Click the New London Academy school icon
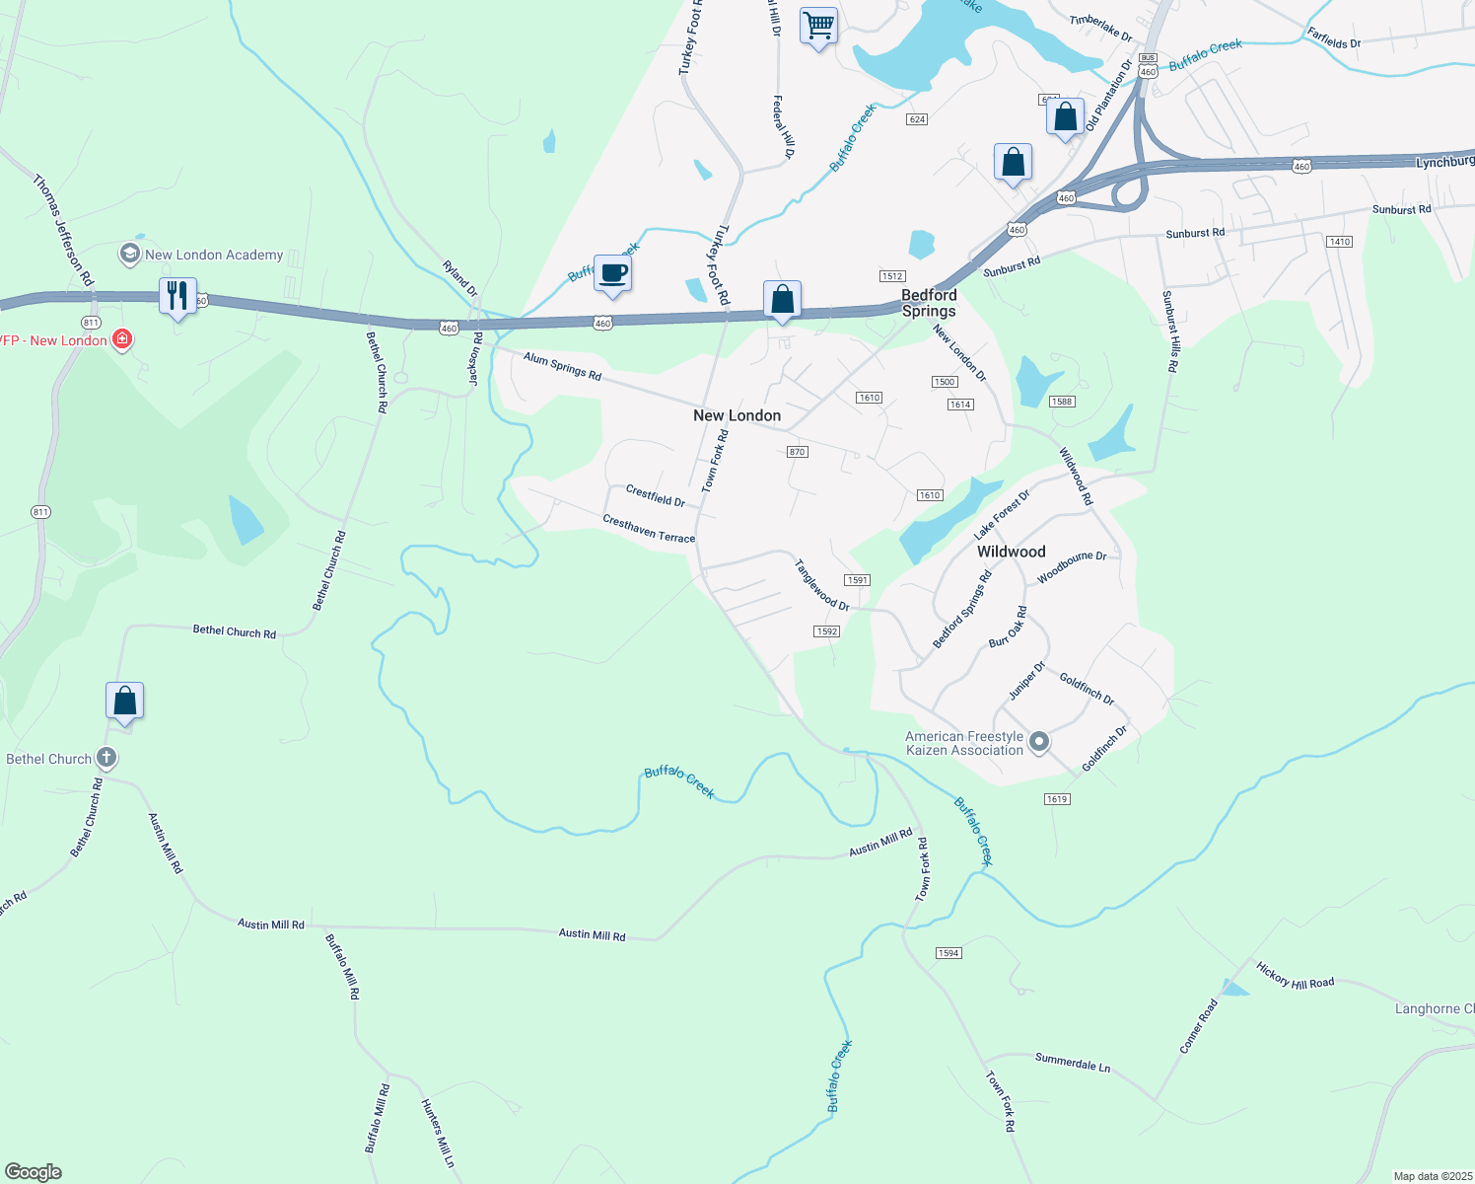[x=129, y=255]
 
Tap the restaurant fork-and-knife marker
[x=177, y=295]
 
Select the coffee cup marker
[x=612, y=272]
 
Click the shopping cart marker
[x=818, y=26]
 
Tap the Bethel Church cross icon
[x=106, y=759]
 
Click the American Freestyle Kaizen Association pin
[x=1038, y=742]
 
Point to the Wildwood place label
[x=1011, y=552]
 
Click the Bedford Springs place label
[x=929, y=303]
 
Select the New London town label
[x=737, y=415]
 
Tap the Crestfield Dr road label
[x=656, y=495]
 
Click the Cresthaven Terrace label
[x=649, y=530]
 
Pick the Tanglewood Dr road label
[x=822, y=585]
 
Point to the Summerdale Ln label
[x=1073, y=1062]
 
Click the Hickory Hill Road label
[x=1295, y=976]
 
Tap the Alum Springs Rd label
[x=562, y=366]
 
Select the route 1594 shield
[x=948, y=953]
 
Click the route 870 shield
[x=798, y=452]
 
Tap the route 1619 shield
[x=1057, y=799]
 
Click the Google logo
[x=34, y=1172]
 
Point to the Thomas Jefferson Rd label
[x=63, y=231]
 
